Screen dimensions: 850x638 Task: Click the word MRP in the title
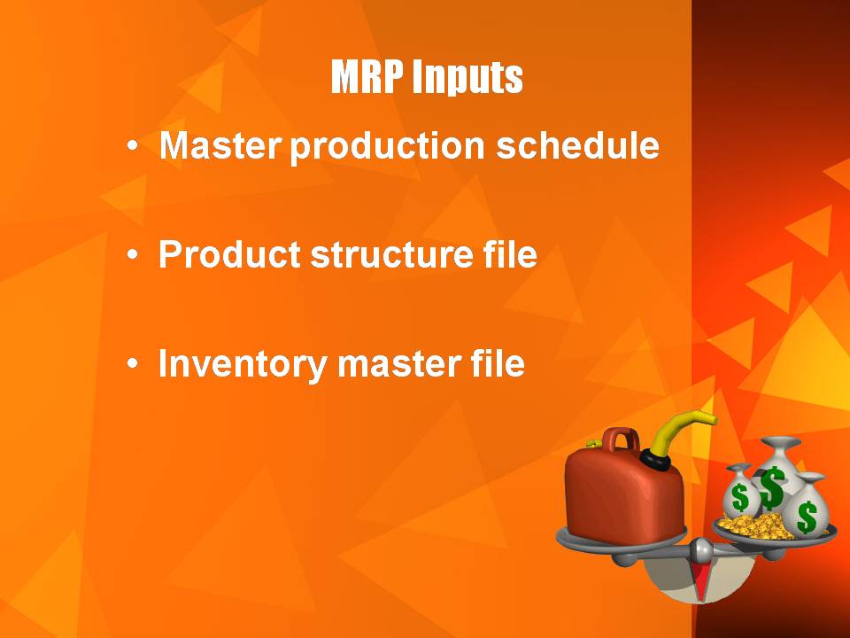[x=367, y=76]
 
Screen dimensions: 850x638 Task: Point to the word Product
[x=229, y=254]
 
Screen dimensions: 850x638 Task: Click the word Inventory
[x=243, y=364]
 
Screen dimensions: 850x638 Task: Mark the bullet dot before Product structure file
[x=132, y=254]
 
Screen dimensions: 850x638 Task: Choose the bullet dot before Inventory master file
[x=132, y=363]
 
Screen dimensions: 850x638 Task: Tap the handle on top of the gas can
[x=622, y=439]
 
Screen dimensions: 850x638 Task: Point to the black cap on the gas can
[x=655, y=460]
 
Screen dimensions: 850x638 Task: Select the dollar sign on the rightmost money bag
[x=807, y=517]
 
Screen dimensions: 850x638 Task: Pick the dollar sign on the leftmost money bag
[x=740, y=497]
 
